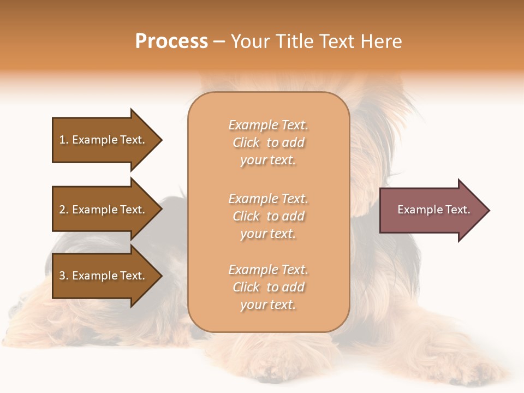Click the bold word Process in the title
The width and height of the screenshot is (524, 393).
click(x=171, y=41)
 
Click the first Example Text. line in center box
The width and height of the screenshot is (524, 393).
click(x=268, y=125)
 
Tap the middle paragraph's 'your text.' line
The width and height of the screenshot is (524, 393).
click(x=268, y=234)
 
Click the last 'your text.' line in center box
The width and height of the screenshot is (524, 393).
click(x=268, y=305)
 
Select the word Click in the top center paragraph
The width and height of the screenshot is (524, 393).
click(x=246, y=142)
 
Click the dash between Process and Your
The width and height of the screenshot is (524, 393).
click(x=219, y=41)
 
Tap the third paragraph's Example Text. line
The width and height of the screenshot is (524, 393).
click(x=268, y=270)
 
